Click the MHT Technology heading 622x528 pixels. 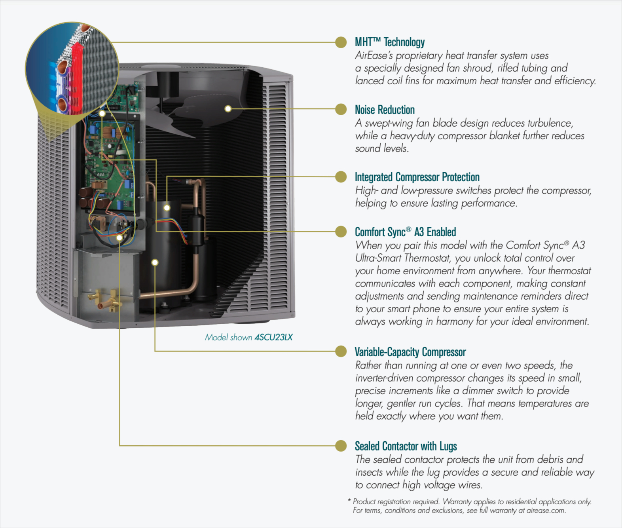pos(389,42)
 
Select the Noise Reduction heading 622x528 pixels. pos(385,110)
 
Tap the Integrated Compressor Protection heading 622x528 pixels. pos(417,177)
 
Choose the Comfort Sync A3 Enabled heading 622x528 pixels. pos(405,232)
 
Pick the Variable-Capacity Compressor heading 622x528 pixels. pos(410,352)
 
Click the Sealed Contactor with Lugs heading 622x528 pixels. pos(406,446)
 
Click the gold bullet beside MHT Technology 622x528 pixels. pos(341,42)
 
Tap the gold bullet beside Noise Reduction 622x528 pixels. pos(341,109)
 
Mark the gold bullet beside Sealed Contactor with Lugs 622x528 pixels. pos(341,446)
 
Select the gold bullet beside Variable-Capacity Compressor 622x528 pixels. pos(341,351)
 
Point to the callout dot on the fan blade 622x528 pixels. pos(228,109)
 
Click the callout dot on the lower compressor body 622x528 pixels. pos(155,262)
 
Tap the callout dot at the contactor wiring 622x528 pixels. pos(119,237)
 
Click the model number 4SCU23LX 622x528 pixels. pos(273,337)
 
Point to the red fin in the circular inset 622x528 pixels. pos(77,75)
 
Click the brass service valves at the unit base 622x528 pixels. pos(105,300)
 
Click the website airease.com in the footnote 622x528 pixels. pos(546,511)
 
